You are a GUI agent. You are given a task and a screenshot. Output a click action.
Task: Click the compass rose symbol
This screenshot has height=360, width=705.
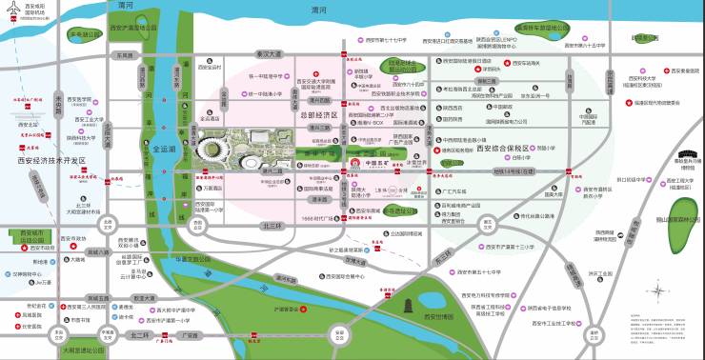pyautogui.click(x=656, y=292)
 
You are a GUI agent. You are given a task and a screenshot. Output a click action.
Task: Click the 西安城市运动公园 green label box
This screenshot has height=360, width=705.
pyautogui.click(x=27, y=232)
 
